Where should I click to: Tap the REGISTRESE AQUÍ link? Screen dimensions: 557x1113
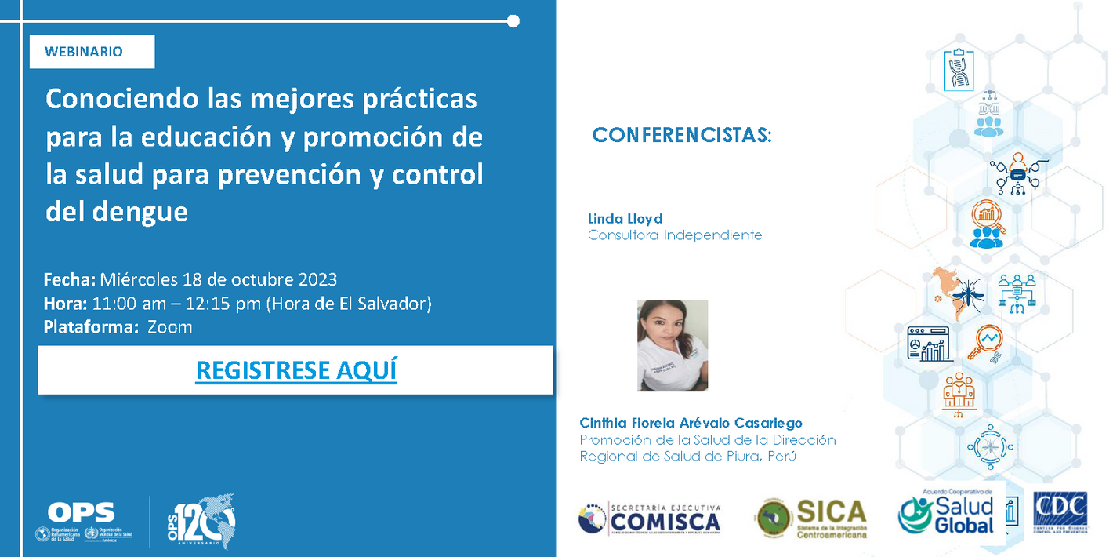pyautogui.click(x=296, y=370)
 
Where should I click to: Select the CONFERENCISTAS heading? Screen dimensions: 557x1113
pyautogui.click(x=682, y=136)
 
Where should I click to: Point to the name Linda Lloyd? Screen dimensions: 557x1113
pyautogui.click(x=625, y=219)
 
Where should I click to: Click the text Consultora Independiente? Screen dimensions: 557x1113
pyautogui.click(x=674, y=235)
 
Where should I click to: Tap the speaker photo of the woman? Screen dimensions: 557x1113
pyautogui.click(x=673, y=346)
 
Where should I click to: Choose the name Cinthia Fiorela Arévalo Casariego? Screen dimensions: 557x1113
pyautogui.click(x=691, y=423)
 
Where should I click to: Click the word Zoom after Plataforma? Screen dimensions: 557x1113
pyautogui.click(x=170, y=327)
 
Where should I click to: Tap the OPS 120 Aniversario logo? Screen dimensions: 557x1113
pyautogui.click(x=204, y=521)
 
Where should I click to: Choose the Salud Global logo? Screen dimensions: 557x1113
pyautogui.click(x=948, y=514)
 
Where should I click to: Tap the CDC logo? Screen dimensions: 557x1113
pyautogui.click(x=1060, y=514)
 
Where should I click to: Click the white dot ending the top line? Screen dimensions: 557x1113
pyautogui.click(x=513, y=21)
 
